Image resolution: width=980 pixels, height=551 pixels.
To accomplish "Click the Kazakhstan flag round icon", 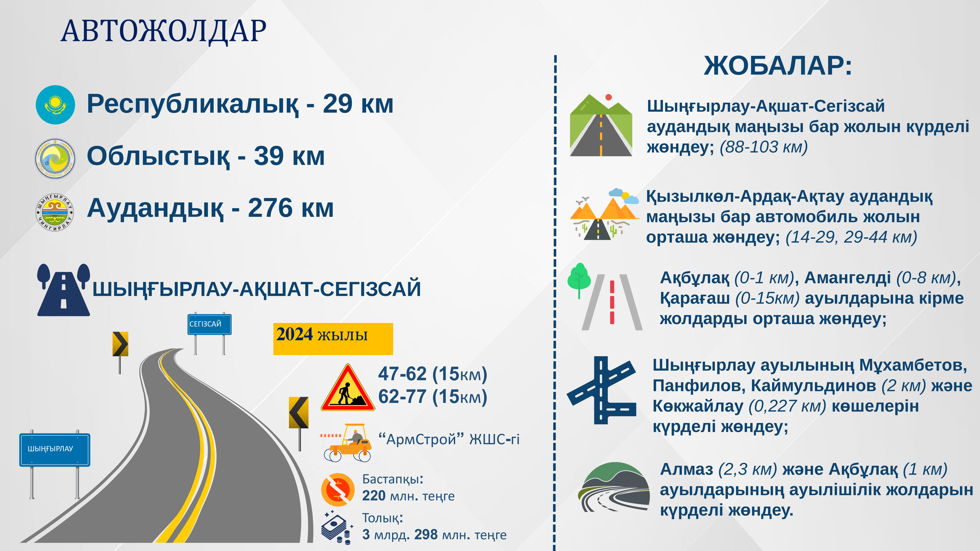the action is click(55, 105).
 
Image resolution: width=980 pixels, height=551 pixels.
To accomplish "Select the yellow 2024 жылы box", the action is click(333, 339).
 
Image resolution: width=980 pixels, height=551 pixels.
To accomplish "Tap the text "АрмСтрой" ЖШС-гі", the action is click(449, 440).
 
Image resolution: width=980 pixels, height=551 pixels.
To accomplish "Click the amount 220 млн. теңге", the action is click(408, 496).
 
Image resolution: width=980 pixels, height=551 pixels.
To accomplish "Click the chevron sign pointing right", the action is click(120, 344).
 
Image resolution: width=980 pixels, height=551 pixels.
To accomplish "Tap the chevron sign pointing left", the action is click(299, 413).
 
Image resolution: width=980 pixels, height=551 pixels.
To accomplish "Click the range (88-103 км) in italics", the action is click(764, 147).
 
